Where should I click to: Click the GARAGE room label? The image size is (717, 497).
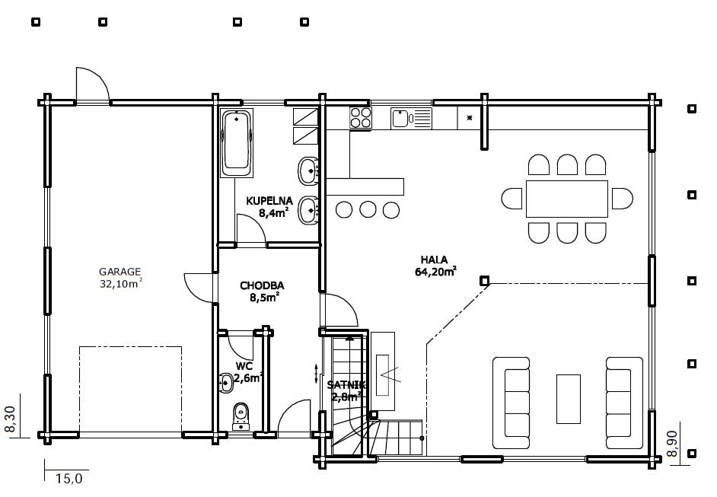point(120,272)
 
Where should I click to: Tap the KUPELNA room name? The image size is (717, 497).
point(269,201)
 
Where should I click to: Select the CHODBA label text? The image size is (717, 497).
point(262,285)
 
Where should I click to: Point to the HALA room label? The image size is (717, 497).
point(434,260)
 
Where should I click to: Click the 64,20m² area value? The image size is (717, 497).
point(436,272)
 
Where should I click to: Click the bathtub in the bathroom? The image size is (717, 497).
point(237,143)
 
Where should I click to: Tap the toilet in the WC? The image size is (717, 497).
point(241,416)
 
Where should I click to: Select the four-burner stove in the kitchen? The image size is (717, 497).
point(361,117)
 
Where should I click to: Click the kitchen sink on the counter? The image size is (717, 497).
point(411,119)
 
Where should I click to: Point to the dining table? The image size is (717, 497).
point(567,199)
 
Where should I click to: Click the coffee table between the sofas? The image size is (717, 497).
point(569,399)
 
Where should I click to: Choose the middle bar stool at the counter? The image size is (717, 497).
point(368,210)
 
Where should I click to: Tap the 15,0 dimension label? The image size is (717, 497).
point(69,479)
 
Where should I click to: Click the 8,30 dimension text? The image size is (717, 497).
point(11,419)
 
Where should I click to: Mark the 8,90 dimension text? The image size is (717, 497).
point(672,444)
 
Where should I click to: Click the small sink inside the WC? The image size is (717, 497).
point(225,383)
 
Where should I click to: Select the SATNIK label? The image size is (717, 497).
point(346,385)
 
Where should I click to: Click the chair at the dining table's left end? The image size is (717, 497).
point(511,199)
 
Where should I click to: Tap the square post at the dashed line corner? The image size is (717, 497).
point(484,281)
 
